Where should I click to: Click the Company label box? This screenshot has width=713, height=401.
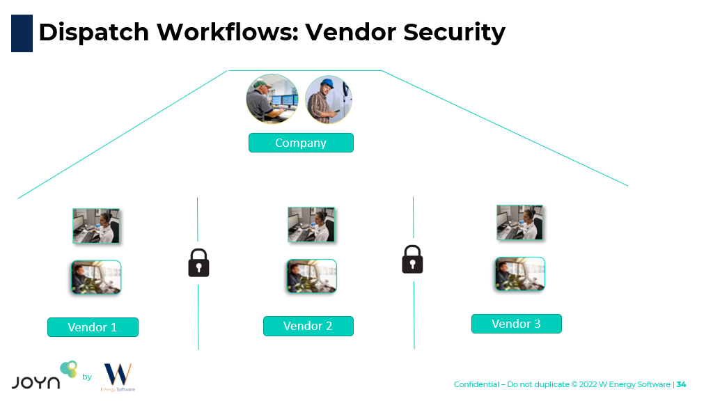(301, 143)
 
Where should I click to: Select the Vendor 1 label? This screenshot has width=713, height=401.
(93, 327)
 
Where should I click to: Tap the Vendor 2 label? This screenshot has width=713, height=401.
(308, 326)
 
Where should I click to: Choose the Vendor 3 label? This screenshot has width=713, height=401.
(516, 324)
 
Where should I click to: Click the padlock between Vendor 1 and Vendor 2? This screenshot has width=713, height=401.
(198, 263)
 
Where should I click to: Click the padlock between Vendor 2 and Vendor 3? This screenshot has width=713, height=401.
(412, 260)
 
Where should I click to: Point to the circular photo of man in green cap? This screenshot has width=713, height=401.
(272, 100)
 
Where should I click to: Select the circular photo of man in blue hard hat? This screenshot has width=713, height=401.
(329, 100)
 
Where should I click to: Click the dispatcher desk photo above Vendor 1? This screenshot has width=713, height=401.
(96, 226)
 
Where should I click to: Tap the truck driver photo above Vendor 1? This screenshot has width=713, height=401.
(96, 277)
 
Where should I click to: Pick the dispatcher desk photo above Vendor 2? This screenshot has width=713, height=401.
(311, 224)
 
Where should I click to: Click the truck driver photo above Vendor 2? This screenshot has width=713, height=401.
(311, 276)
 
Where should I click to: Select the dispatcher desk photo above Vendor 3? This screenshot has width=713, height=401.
(519, 223)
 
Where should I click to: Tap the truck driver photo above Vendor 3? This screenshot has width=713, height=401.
(519, 274)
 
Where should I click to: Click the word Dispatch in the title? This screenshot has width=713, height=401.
(93, 32)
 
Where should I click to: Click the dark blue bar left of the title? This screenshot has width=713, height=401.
(22, 33)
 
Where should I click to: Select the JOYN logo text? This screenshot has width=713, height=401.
(36, 382)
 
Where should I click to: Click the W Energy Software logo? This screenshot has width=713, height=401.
(117, 377)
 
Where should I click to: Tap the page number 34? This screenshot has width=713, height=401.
(681, 384)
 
